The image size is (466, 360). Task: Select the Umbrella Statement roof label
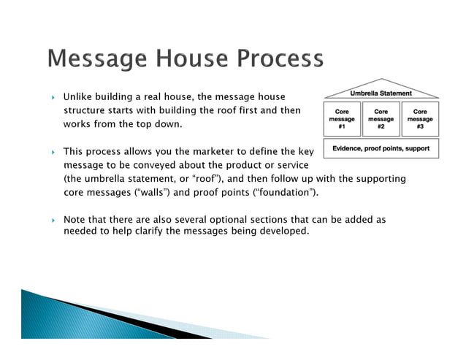point(381,93)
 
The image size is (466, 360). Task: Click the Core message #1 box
point(341,119)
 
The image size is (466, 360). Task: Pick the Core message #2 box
point(381,119)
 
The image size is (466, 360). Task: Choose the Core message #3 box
point(419,119)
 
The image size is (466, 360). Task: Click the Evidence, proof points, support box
point(381,148)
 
